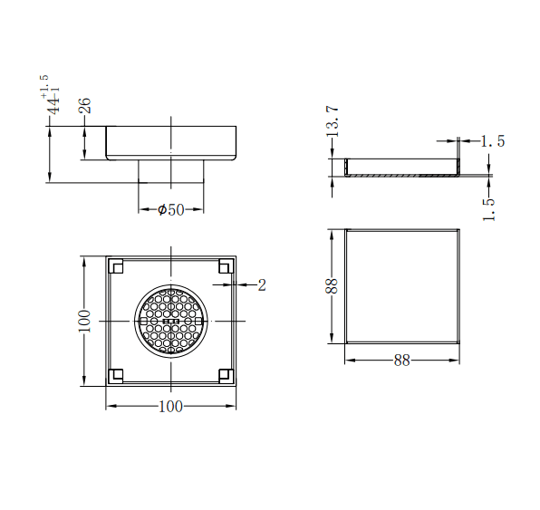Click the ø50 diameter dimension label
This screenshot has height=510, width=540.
(170, 209)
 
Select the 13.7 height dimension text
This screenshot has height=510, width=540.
(333, 120)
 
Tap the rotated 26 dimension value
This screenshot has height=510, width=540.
(85, 105)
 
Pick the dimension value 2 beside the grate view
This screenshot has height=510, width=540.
(262, 285)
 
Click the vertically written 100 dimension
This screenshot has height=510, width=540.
(84, 321)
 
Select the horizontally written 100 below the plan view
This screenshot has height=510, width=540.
(170, 406)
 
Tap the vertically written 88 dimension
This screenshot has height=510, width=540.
(333, 286)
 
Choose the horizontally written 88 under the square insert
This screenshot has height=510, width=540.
(401, 360)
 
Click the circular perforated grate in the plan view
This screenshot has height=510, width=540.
(170, 320)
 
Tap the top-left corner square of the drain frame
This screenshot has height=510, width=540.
(116, 266)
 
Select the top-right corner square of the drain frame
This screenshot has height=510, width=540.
(225, 266)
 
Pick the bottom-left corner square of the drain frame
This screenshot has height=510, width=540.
(116, 374)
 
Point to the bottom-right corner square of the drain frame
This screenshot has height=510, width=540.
(225, 374)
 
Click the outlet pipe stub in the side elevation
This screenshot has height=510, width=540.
(170, 171)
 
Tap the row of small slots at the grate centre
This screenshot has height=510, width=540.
(170, 321)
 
